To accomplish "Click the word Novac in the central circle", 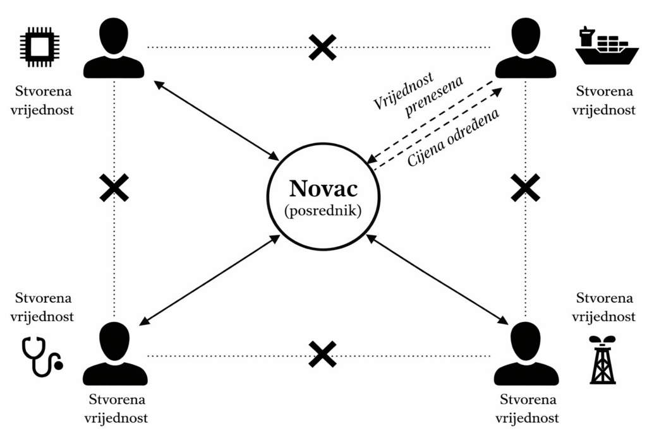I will click(x=323, y=189).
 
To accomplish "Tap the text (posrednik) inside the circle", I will click(x=323, y=210).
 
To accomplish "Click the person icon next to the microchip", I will click(x=114, y=49).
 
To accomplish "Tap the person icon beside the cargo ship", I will click(x=525, y=49).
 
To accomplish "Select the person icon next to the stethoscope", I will click(x=114, y=355).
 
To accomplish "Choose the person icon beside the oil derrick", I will click(x=526, y=355).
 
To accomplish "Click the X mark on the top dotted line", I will click(x=322, y=47).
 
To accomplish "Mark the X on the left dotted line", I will click(x=114, y=187).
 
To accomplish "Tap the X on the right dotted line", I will click(x=526, y=187).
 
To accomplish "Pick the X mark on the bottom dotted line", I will click(x=322, y=354).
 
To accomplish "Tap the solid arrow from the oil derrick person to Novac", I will click(x=437, y=280).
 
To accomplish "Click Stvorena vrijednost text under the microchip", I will click(x=45, y=100).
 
